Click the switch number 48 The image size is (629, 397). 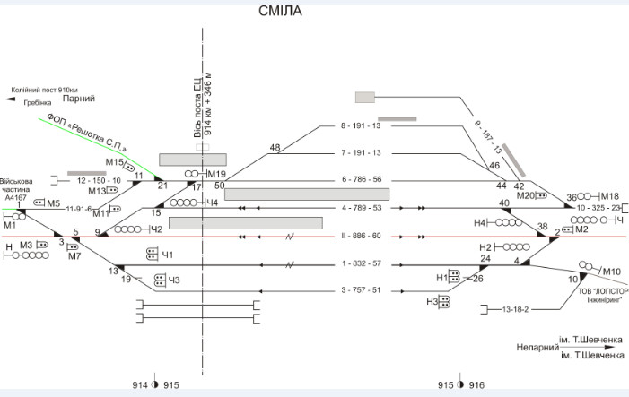(x=275, y=148)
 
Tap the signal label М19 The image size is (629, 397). (x=217, y=174)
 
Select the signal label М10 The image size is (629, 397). (x=611, y=272)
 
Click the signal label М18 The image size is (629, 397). (x=609, y=196)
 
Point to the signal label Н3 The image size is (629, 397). (x=432, y=302)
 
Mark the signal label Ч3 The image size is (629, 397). (x=174, y=280)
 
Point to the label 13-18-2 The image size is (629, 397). (x=516, y=309)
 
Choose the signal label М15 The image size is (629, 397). (x=114, y=162)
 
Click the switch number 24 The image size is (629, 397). (x=485, y=259)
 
